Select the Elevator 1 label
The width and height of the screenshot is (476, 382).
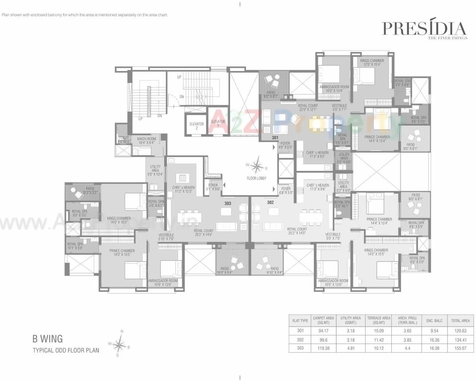pos(218,123)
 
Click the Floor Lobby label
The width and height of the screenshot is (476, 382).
pos(257,178)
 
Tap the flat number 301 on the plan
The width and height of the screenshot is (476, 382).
pos(275,138)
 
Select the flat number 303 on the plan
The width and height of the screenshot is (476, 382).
pos(228,203)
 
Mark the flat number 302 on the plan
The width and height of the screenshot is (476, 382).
pos(271,202)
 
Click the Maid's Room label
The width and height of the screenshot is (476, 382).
pos(147,140)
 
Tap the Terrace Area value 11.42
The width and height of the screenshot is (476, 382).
pos(379,339)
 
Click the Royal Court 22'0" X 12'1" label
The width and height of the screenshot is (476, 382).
pos(308,108)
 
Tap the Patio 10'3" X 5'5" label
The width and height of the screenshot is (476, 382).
pos(87,190)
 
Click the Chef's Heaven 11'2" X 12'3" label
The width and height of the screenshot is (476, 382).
pos(183,189)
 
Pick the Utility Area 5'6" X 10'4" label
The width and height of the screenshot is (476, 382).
pos(155,170)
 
